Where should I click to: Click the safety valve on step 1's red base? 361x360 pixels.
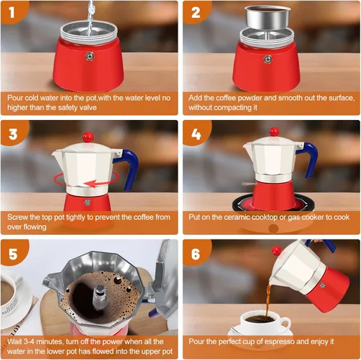click(x=88, y=58)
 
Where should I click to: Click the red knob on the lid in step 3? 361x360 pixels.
click(x=88, y=136)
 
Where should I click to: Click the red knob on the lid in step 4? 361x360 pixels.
click(x=274, y=132)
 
